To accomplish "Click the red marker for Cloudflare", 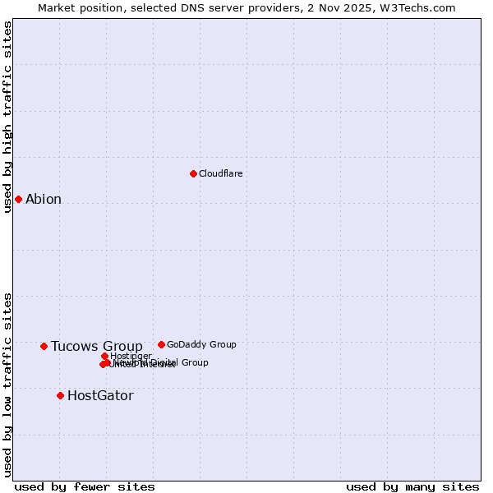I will (x=193, y=173).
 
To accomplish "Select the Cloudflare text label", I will (x=220, y=173).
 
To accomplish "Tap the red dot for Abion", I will (x=18, y=199).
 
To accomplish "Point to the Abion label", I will (x=44, y=199).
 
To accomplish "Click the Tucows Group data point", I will (x=44, y=346).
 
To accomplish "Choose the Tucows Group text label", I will (x=96, y=346).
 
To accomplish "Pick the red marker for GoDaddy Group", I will (x=161, y=344).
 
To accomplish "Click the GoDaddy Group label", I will (x=201, y=344).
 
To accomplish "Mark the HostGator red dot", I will (x=60, y=395).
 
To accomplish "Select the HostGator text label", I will (x=100, y=395).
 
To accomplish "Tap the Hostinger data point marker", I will (x=105, y=356).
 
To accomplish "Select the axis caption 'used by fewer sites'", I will (x=85, y=486).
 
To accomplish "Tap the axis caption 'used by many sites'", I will (x=412, y=486).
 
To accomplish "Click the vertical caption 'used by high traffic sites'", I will (x=7, y=117).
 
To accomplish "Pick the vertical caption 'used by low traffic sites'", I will (x=7, y=384).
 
